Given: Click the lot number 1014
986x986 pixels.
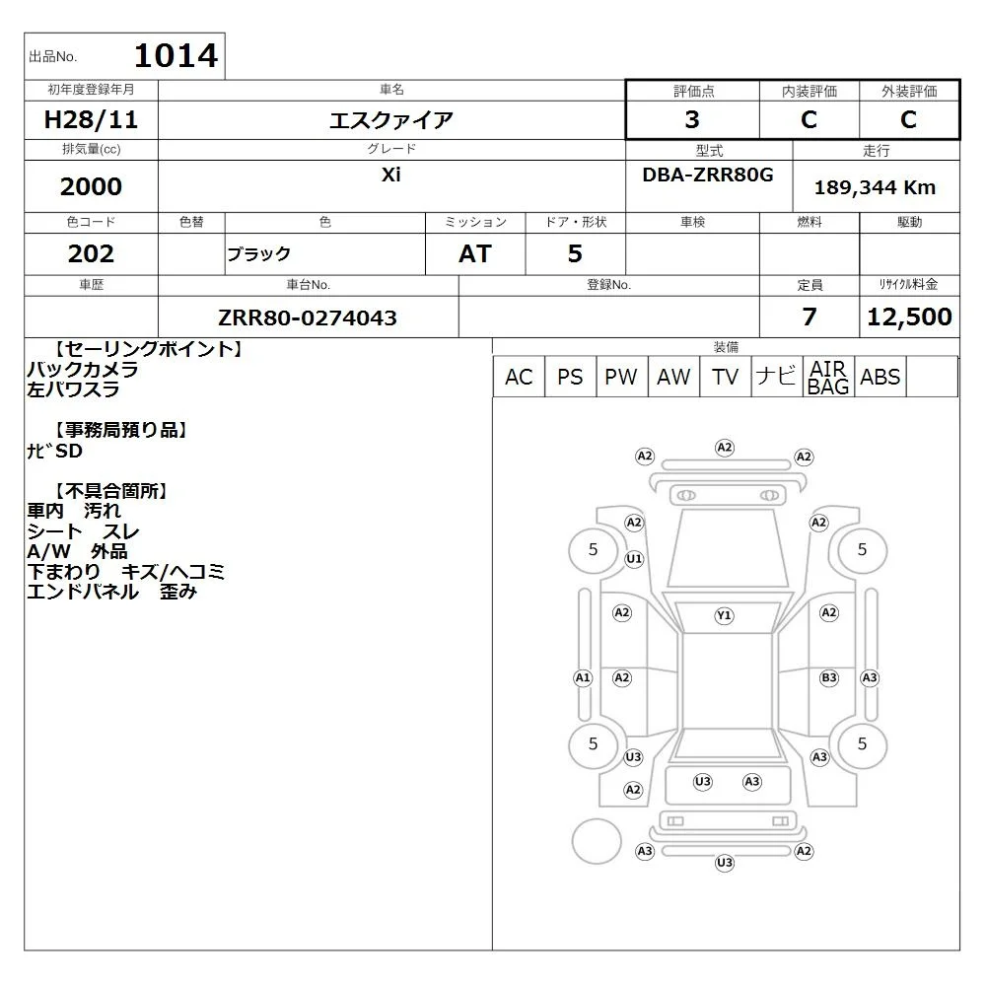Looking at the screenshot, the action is tap(176, 55).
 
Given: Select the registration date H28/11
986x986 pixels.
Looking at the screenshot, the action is tap(91, 119).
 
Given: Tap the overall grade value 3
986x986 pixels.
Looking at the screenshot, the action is tap(692, 119).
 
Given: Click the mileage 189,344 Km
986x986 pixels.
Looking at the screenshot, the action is tap(875, 187).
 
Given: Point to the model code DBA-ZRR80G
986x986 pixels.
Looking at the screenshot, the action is tap(707, 175).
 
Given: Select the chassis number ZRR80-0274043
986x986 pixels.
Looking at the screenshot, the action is tap(308, 317).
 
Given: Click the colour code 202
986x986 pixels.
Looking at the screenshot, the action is tap(91, 253).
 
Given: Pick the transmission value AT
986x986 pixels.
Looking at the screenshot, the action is tap(475, 253).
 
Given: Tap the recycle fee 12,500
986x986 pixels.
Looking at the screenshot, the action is tap(909, 317).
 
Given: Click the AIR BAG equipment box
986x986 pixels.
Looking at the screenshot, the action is tap(828, 377).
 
